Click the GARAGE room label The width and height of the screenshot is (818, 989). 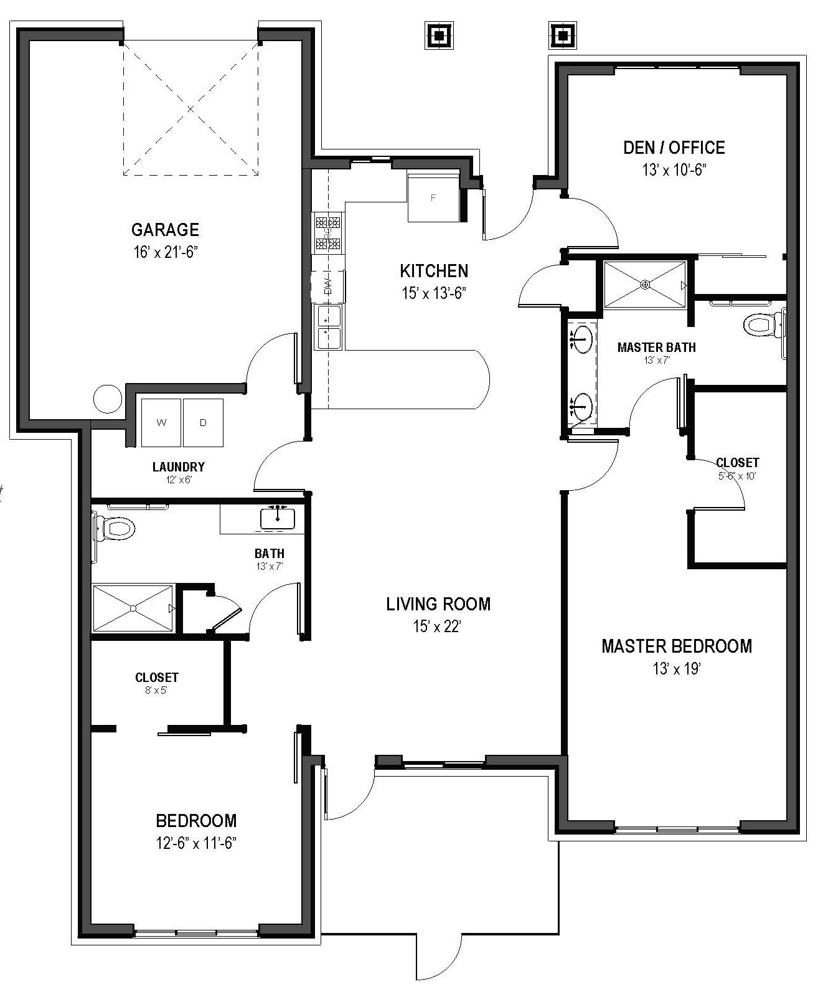tap(165, 230)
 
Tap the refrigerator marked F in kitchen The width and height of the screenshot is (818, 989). tap(434, 198)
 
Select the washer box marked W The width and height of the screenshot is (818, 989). tap(161, 423)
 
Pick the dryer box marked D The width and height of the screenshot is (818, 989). tap(203, 423)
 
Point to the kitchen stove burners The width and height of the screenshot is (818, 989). tap(328, 233)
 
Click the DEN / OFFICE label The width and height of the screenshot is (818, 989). tap(674, 148)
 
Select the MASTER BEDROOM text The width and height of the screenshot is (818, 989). tap(677, 646)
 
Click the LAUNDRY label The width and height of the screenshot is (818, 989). tap(179, 466)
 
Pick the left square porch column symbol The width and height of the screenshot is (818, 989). tap(440, 35)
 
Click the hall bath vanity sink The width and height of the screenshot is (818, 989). tap(278, 518)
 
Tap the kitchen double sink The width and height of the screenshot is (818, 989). tap(329, 327)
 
